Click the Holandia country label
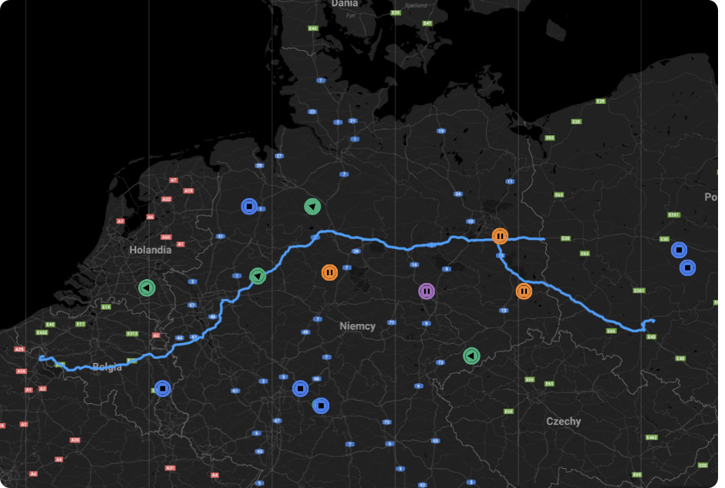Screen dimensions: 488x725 (150, 250)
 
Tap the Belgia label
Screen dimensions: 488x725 (106, 367)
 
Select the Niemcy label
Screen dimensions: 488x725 (357, 326)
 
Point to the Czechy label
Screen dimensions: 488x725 (563, 422)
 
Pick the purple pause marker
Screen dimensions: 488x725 (427, 291)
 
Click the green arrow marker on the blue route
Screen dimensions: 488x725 (258, 276)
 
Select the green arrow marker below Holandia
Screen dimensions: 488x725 (147, 288)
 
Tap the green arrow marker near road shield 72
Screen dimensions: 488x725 (470, 356)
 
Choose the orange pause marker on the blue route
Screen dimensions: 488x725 (500, 236)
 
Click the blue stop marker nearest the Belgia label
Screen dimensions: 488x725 (162, 389)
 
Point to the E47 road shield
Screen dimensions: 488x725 (427, 23)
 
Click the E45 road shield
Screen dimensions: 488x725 (312, 29)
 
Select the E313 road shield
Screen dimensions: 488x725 (132, 334)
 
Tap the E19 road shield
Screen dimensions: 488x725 (106, 307)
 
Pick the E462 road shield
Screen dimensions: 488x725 (652, 437)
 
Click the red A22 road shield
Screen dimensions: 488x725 (166, 199)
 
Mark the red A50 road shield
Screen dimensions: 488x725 (166, 237)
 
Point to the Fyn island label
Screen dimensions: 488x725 (351, 15)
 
